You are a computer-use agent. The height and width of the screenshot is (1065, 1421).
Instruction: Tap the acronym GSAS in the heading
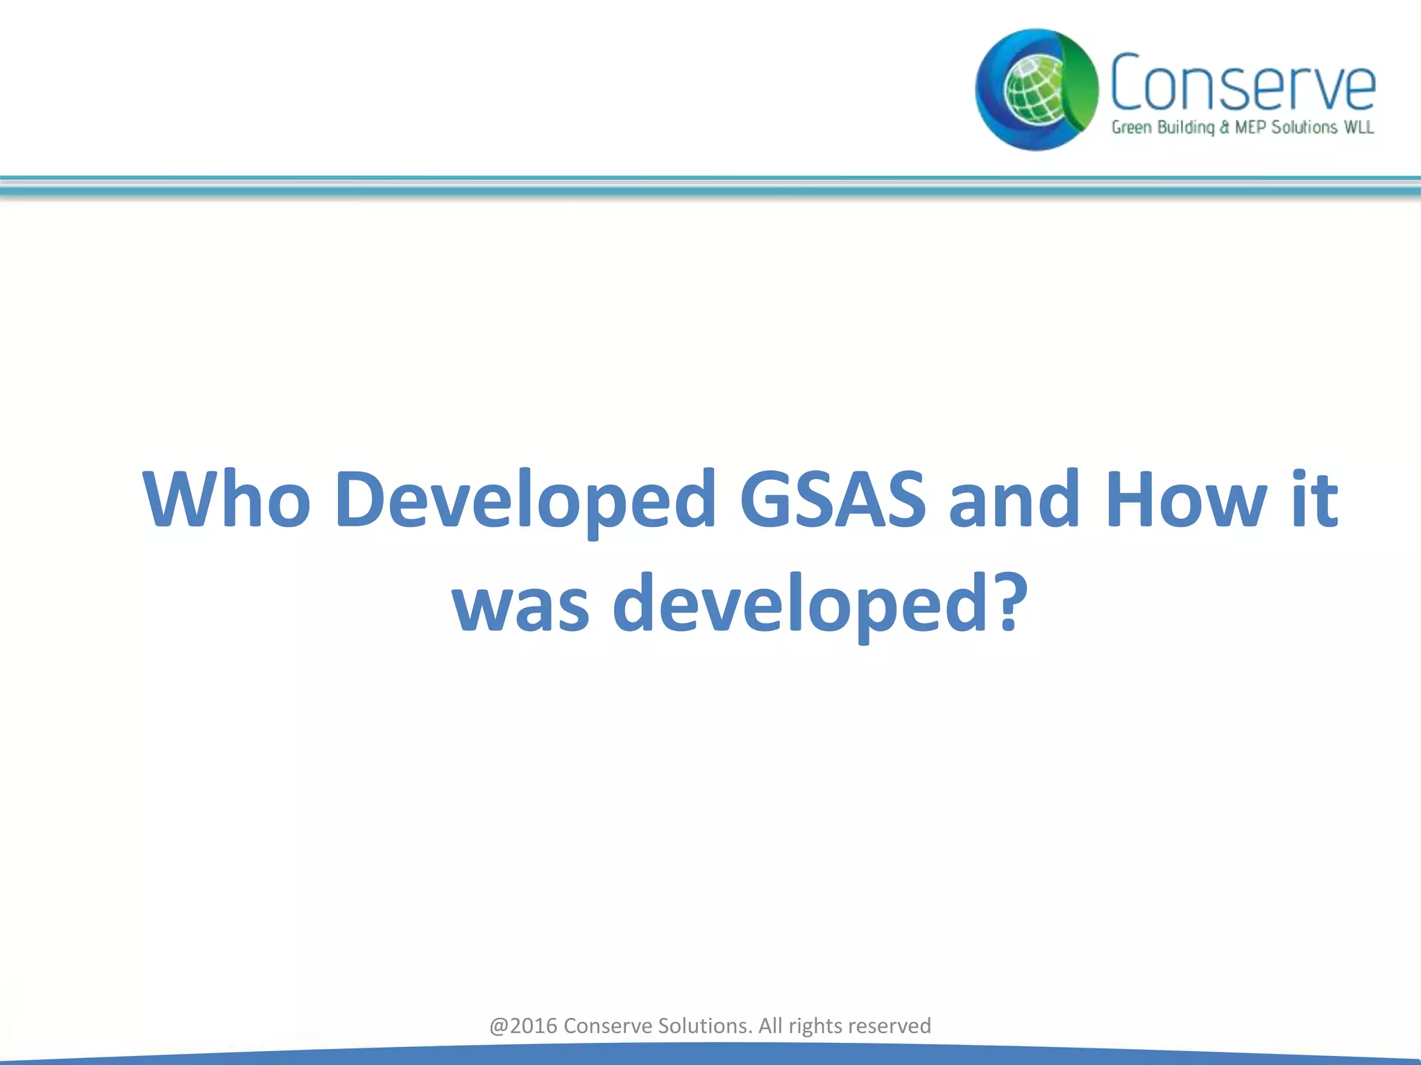832,499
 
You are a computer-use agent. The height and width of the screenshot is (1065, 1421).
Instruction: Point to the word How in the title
1186,499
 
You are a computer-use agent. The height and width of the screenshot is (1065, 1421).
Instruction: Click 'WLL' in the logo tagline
1359,128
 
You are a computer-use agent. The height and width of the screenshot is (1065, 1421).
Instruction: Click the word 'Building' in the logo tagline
1186,128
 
